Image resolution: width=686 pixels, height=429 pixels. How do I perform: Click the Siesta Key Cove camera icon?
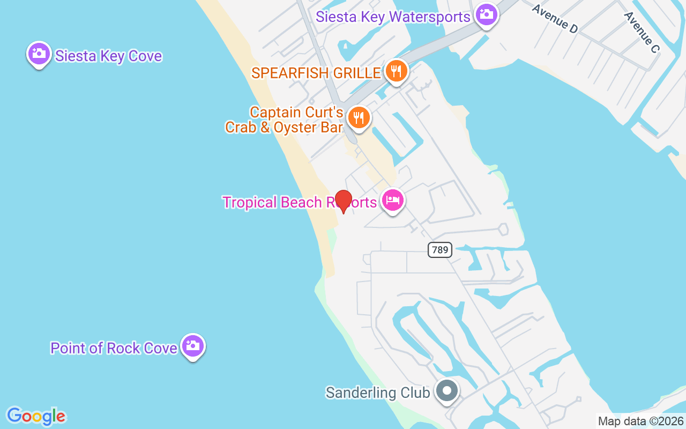coord(39,54)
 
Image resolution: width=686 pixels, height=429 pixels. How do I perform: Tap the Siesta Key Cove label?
coord(108,56)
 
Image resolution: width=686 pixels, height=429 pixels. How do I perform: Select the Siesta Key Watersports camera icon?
coord(487,14)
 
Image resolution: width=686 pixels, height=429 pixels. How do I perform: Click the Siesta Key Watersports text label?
coord(393,17)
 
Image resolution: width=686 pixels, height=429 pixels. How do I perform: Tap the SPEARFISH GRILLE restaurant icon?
coord(396,71)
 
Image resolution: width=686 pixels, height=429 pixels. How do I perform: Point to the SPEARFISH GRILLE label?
coord(316,73)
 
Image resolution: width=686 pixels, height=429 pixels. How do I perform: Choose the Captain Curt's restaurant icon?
coord(359,117)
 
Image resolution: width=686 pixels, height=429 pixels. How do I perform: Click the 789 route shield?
coord(439,250)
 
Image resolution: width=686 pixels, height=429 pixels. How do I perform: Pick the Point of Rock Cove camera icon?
coord(192,346)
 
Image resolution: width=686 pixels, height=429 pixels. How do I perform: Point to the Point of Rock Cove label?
coord(114,348)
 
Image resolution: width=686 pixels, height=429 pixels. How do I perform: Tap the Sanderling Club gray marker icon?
coord(446,391)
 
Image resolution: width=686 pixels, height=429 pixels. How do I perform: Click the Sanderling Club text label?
coord(378,393)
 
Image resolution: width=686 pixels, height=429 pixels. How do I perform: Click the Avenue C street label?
coord(641,32)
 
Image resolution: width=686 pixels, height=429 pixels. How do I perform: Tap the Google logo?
coord(36,416)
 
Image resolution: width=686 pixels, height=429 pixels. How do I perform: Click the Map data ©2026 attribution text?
coord(641,421)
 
